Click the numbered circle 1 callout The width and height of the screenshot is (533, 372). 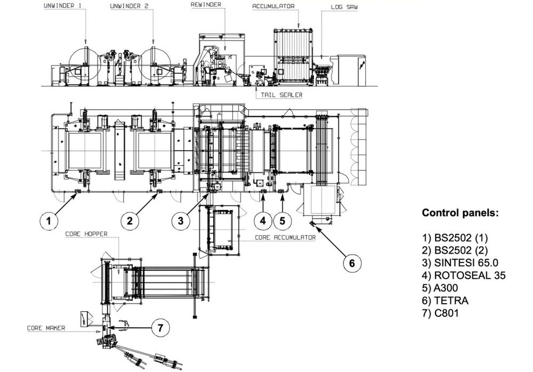tap(49, 219)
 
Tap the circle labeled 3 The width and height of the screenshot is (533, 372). tap(181, 219)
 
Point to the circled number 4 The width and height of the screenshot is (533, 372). tap(262, 219)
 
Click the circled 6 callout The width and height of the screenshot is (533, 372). tap(351, 262)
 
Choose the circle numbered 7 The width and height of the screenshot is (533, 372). tap(158, 328)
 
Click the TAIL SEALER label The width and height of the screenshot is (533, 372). tap(281, 95)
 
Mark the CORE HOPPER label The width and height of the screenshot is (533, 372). tap(86, 233)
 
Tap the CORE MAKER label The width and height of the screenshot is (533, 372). tap(46, 328)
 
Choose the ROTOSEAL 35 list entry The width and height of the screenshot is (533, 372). tap(464, 275)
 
